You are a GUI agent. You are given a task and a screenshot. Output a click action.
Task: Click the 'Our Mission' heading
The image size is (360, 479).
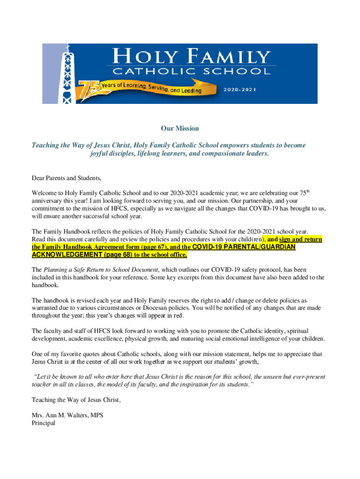pyautogui.click(x=180, y=128)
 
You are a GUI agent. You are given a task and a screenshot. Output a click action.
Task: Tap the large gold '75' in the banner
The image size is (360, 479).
pyautogui.click(x=87, y=89)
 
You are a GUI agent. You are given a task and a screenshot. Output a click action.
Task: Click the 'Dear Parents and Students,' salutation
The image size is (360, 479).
pyautogui.click(x=66, y=178)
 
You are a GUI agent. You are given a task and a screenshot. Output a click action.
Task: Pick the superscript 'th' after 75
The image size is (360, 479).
pyautogui.click(x=310, y=190)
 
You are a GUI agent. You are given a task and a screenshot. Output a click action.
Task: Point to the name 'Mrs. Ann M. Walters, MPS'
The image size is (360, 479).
pyautogui.click(x=67, y=415)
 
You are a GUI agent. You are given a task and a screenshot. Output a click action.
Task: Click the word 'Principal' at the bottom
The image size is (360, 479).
pyautogui.click(x=43, y=423)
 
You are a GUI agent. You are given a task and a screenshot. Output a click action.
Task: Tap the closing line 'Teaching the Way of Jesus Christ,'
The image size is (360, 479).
pyautogui.click(x=76, y=400)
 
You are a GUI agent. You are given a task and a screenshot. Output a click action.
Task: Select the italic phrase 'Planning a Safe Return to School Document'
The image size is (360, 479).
pyautogui.click(x=101, y=270)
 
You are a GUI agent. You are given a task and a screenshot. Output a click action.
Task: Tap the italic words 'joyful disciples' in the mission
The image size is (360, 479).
pyautogui.click(x=113, y=153)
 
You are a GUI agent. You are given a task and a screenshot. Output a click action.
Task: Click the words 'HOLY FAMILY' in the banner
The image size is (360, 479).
pyautogui.click(x=192, y=57)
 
